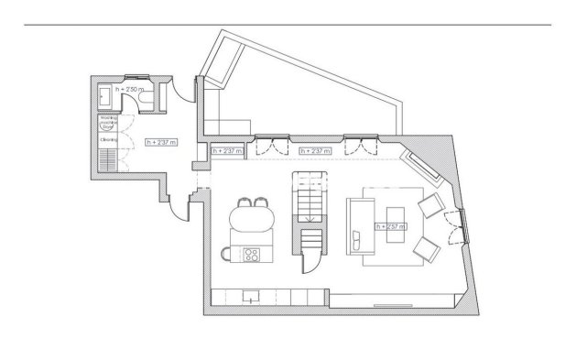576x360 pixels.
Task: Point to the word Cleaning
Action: (108, 139)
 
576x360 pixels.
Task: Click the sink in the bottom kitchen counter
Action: (249, 298)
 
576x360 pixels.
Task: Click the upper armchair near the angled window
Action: (427, 204)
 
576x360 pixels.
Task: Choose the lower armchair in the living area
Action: (424, 248)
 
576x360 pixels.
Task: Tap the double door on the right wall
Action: (453, 225)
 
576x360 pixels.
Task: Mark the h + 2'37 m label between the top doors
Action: (314, 150)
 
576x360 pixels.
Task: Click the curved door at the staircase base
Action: (310, 265)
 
